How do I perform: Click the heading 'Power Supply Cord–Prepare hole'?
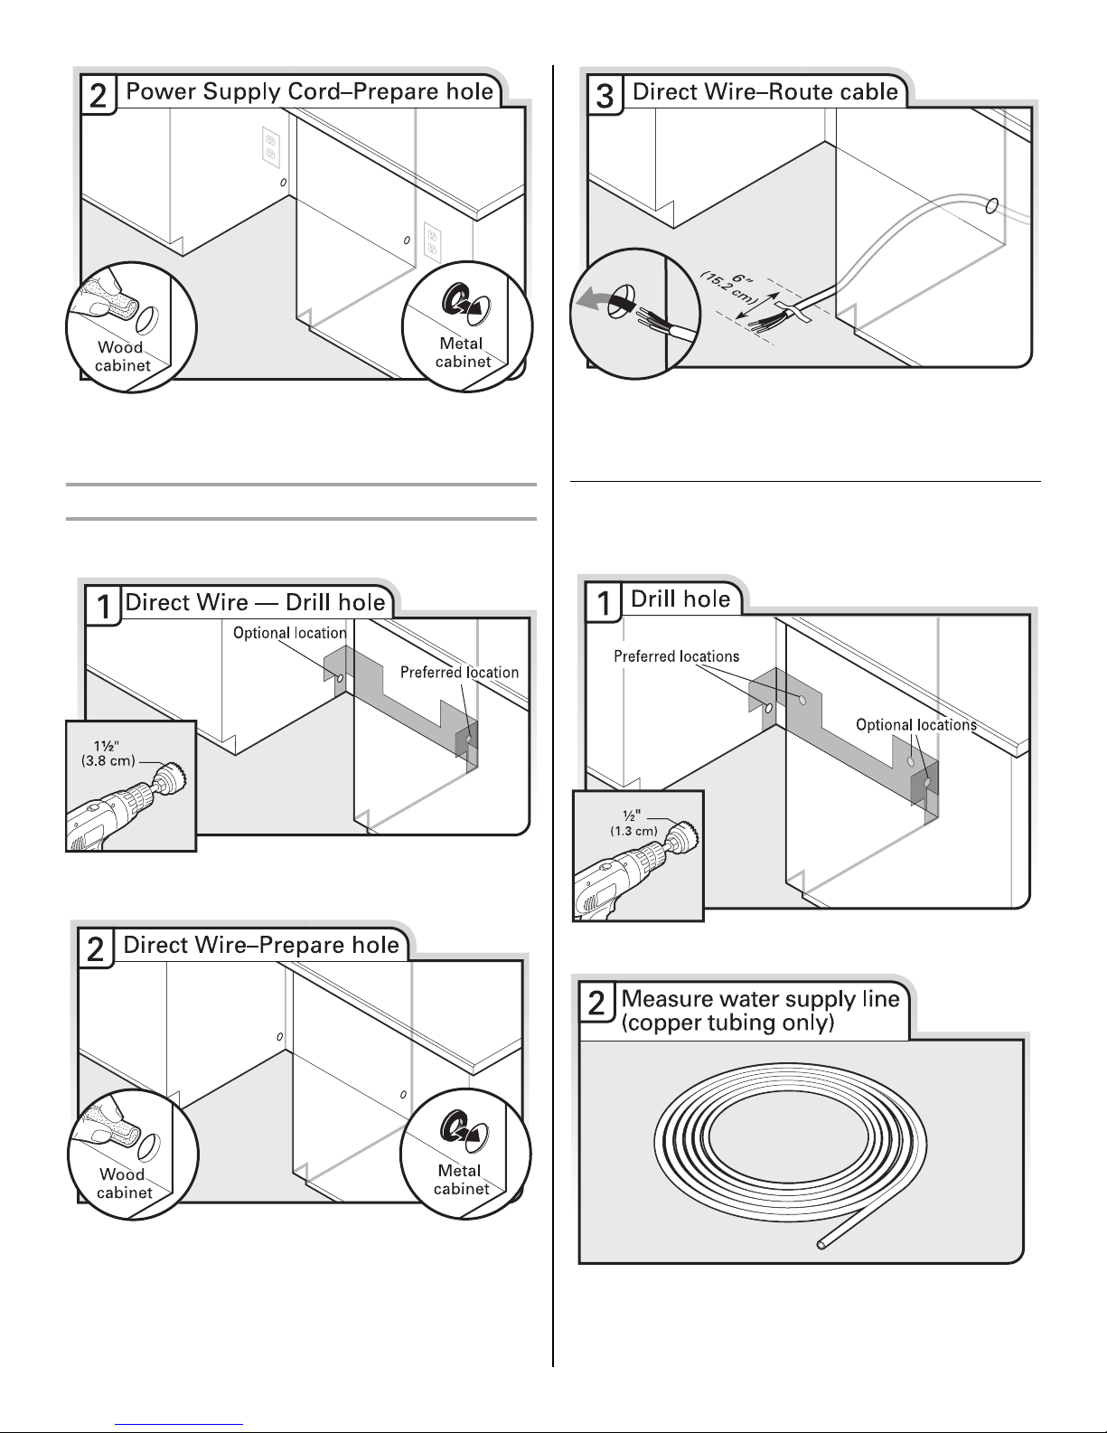[310, 91]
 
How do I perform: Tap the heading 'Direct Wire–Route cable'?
[765, 91]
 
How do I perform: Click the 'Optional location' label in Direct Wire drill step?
[289, 633]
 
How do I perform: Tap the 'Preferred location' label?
[459, 673]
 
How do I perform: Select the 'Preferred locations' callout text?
[676, 656]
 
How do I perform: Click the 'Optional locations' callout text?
[915, 725]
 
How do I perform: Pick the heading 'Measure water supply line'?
[761, 999]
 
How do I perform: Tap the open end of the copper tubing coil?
[821, 1244]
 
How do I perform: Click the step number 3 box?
[605, 95]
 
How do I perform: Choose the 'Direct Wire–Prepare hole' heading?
[260, 946]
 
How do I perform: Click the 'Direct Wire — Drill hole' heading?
[255, 603]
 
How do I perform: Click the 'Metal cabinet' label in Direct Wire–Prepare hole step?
[460, 1179]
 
